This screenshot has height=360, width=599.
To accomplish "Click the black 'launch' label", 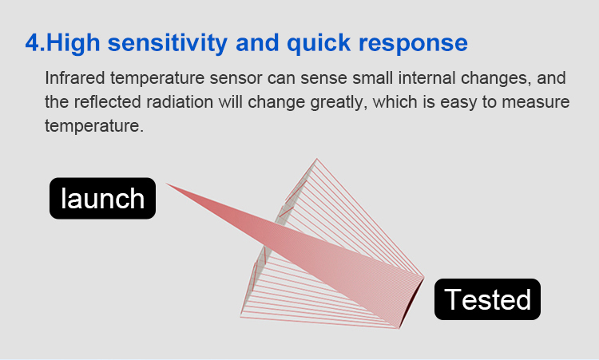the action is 102,198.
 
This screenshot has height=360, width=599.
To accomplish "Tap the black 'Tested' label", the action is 487,299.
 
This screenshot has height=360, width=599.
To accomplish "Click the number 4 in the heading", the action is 32,43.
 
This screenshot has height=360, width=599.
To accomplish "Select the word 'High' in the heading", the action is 73,43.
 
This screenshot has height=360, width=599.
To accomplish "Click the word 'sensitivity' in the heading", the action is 168,43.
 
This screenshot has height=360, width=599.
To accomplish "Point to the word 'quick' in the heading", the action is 319,43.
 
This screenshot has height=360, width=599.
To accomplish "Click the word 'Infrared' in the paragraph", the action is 75,78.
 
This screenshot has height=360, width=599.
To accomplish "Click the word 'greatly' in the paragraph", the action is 339,103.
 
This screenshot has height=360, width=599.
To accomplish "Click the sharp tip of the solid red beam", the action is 166,184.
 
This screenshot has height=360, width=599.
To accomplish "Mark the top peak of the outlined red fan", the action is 316,159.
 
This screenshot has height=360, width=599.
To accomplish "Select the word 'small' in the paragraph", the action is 373,78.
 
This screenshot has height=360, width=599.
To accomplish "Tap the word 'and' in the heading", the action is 257,43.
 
